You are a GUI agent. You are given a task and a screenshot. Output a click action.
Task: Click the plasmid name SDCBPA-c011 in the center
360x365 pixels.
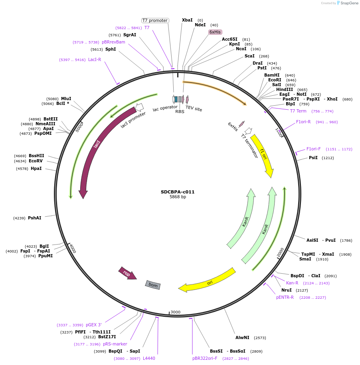178,192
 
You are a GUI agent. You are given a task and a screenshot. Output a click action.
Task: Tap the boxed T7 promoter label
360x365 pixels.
155,20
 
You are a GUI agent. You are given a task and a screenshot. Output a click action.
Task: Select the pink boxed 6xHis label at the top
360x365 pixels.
215,32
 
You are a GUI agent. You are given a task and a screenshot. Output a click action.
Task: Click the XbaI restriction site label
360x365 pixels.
187,20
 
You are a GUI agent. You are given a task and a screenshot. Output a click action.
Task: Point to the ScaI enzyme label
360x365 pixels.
249,56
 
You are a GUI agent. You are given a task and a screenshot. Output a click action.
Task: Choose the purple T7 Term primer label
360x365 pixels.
298,111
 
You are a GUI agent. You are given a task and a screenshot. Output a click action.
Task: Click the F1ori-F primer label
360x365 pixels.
313,149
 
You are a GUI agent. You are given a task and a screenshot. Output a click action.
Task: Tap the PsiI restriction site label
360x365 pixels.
313,158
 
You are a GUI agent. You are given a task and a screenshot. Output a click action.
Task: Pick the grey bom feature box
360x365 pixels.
153,284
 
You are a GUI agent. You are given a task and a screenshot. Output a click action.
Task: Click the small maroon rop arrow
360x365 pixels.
127,273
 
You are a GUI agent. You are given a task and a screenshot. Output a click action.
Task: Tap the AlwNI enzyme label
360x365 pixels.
242,337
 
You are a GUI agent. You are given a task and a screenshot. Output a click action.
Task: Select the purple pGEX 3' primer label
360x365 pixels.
94,325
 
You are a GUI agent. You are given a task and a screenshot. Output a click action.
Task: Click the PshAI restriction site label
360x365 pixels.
34,218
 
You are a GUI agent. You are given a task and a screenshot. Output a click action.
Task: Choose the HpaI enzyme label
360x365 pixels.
36,168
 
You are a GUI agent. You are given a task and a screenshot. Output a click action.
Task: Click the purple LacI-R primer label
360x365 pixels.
95,59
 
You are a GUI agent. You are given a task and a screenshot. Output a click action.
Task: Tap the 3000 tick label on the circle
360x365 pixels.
176,312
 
